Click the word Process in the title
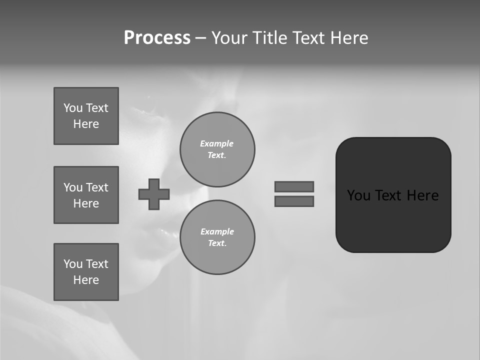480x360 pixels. point(157,38)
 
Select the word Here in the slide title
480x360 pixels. point(349,38)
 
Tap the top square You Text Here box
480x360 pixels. point(86,116)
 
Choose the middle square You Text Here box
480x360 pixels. point(86,195)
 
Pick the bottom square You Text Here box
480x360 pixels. point(86,272)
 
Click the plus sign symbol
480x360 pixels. point(154,194)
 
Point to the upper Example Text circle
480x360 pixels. point(217,149)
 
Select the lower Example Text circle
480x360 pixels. point(217,237)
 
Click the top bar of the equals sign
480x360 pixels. point(294,186)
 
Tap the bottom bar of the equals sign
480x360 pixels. point(294,201)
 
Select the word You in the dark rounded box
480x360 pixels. point(358,195)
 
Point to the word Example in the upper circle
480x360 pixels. point(217,143)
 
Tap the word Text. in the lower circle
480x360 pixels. point(217,243)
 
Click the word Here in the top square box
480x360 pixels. point(86,124)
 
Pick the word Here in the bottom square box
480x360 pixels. point(86,280)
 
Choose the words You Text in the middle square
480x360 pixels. point(86,187)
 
